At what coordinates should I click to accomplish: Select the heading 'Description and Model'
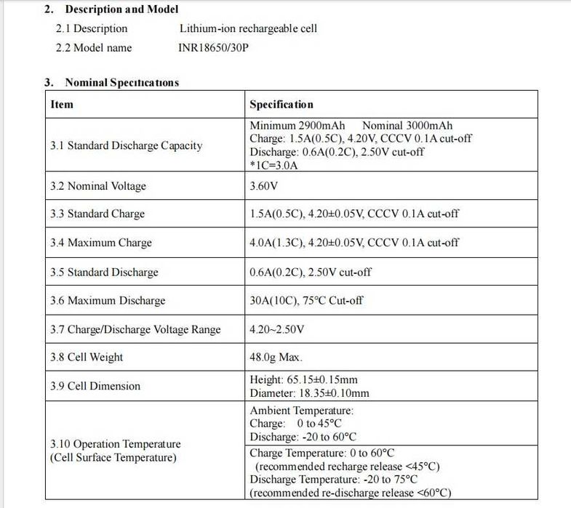121,9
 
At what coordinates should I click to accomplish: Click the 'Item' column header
62,104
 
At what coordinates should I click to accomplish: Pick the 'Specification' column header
281,104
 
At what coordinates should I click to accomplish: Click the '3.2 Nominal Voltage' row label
97,186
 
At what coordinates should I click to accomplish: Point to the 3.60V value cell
263,186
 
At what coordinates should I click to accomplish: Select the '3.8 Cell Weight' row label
87,357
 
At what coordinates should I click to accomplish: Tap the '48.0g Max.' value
276,357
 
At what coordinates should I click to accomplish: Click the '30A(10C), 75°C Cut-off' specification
306,300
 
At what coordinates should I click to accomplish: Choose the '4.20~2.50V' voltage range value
276,329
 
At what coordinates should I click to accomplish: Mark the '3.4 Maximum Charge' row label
100,243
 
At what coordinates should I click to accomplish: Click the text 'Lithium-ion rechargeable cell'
248,28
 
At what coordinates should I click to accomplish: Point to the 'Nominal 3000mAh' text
407,126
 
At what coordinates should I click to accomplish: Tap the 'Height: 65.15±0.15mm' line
303,379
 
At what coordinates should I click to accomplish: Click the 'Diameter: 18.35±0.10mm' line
309,393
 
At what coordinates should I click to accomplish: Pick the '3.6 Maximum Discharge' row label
107,300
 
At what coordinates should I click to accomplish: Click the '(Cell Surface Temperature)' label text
113,458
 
